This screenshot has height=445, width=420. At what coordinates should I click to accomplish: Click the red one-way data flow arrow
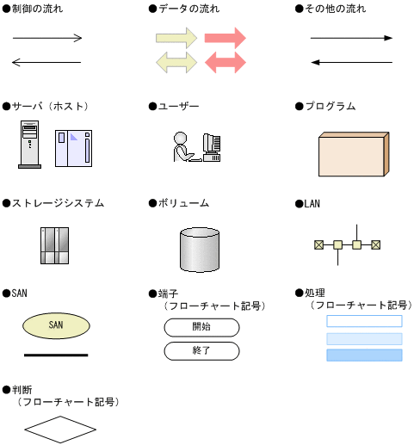click(x=225, y=38)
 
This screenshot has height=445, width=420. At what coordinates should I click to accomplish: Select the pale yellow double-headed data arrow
click(x=176, y=62)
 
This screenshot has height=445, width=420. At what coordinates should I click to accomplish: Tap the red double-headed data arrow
click(x=225, y=62)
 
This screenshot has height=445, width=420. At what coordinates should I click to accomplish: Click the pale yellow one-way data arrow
click(x=176, y=38)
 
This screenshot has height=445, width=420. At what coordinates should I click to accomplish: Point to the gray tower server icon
click(x=29, y=145)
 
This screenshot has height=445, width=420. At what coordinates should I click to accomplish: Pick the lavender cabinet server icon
click(x=74, y=148)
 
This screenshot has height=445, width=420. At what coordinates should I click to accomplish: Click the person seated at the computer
click(x=183, y=147)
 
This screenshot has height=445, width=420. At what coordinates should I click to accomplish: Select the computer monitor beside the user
click(x=212, y=147)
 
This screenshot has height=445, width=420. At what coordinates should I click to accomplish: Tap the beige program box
click(x=354, y=154)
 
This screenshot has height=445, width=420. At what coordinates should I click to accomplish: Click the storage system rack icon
click(x=54, y=245)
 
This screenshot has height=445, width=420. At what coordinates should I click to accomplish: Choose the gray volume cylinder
click(x=200, y=250)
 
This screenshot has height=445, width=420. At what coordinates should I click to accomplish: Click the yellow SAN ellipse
click(x=56, y=325)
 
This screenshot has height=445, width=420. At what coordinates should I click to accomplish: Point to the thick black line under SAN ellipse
click(x=56, y=355)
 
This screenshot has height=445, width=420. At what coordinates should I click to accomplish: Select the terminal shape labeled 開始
click(x=201, y=327)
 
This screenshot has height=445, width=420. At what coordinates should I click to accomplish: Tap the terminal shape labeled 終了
click(x=201, y=351)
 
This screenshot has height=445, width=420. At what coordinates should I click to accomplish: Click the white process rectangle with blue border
click(x=364, y=321)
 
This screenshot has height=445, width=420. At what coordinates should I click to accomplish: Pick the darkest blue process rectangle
click(x=364, y=355)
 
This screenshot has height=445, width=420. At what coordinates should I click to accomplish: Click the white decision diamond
click(x=60, y=430)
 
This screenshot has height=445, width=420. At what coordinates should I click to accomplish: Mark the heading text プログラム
click(x=330, y=106)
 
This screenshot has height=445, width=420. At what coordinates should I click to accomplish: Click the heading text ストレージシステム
click(x=58, y=203)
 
